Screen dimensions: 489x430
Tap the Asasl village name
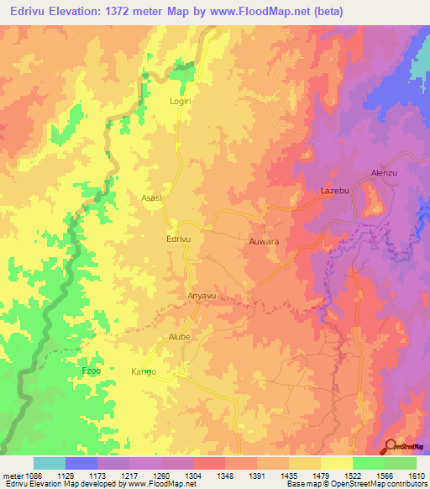click(x=152, y=198)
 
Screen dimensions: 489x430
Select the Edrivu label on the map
click(x=180, y=239)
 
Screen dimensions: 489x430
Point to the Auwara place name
click(x=264, y=242)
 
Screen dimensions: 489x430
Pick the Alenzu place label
click(x=384, y=174)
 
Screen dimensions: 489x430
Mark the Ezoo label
click(x=91, y=371)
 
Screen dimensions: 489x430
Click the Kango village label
click(x=144, y=371)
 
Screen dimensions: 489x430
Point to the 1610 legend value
click(x=415, y=475)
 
